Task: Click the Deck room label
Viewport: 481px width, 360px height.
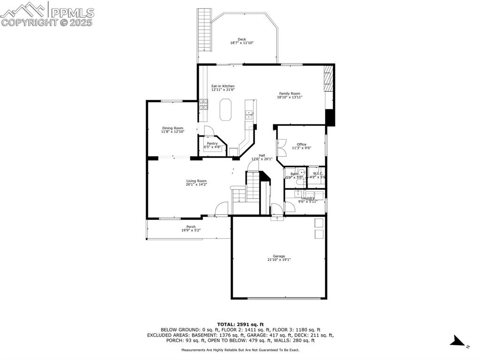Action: pyautogui.click(x=241, y=39)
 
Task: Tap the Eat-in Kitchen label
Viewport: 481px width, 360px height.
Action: pyautogui.click(x=223, y=86)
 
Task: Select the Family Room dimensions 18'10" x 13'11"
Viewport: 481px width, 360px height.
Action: pyautogui.click(x=289, y=97)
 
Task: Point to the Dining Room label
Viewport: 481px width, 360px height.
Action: pyautogui.click(x=172, y=128)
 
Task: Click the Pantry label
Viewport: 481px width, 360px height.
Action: pyautogui.click(x=212, y=144)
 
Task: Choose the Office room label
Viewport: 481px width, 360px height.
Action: pyautogui.click(x=302, y=145)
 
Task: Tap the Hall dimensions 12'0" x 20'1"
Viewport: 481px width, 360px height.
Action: pyautogui.click(x=262, y=159)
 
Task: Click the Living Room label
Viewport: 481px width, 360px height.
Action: pyautogui.click(x=196, y=181)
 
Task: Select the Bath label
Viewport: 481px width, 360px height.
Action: pyautogui.click(x=294, y=174)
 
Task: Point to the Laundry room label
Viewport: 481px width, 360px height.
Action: pyautogui.click(x=308, y=198)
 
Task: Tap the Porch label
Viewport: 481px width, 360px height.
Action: pyautogui.click(x=191, y=227)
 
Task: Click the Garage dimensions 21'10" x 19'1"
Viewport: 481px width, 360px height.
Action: pyautogui.click(x=279, y=260)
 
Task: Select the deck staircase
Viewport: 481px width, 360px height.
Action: pyautogui.click(x=204, y=30)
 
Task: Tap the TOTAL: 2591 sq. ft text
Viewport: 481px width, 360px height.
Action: pyautogui.click(x=240, y=324)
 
